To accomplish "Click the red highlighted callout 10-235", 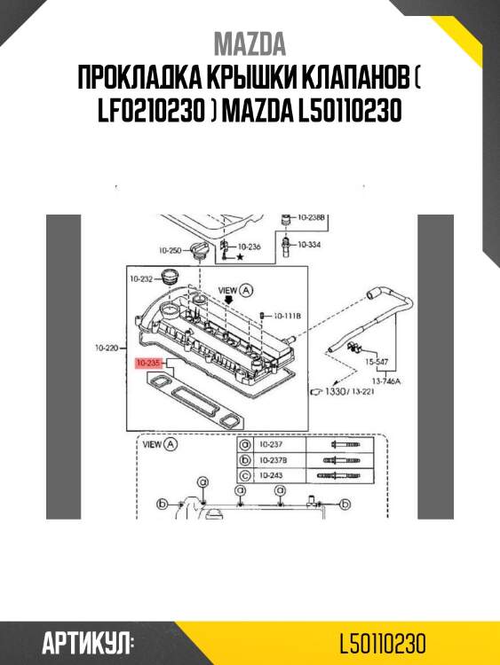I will click(148, 363).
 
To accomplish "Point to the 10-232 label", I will click(142, 278).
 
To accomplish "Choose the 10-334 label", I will click(309, 244).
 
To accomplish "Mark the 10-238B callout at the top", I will click(312, 216).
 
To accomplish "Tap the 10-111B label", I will click(288, 315).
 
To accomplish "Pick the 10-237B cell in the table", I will click(271, 460).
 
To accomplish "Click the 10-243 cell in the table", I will click(269, 476).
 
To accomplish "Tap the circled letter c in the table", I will click(244, 476).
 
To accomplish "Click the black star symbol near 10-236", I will click(239, 257).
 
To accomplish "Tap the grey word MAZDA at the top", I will click(250, 44).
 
